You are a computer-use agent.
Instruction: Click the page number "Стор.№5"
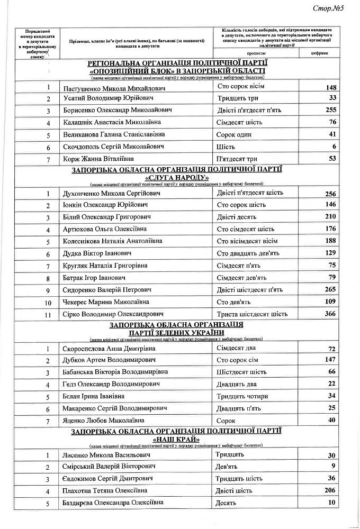coord(329,9)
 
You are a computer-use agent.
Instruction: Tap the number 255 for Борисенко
coord(331,111)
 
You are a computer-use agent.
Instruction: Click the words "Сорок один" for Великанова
coord(234,134)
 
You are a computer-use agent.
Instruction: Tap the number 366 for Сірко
coord(331,314)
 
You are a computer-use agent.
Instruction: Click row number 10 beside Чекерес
coord(48,303)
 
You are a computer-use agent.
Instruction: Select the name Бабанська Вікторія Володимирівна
coord(118,372)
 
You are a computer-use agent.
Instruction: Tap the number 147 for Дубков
coord(331,360)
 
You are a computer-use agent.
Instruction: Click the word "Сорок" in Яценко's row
coord(227,420)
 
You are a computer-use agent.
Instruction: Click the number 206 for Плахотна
coord(331,490)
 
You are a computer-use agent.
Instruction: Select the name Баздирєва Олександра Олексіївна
coord(113,503)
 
